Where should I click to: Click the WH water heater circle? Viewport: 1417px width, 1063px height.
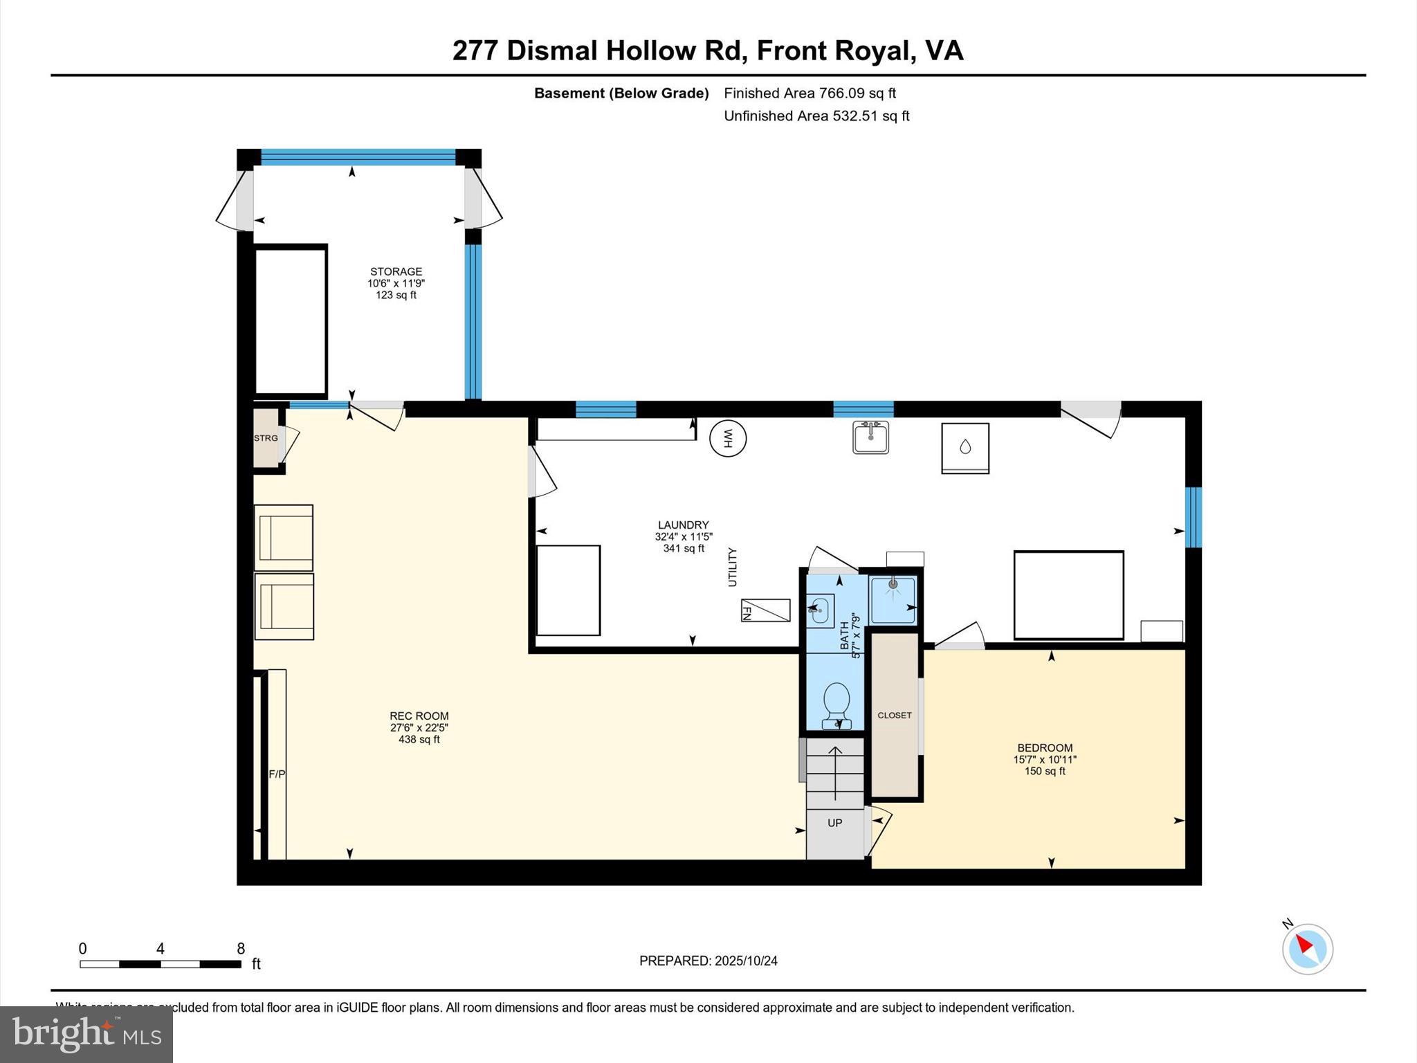pos(728,438)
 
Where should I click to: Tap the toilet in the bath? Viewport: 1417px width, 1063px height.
pos(837,703)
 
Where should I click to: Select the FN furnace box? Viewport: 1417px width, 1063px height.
pos(765,610)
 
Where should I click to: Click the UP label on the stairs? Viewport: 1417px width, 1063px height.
pos(835,823)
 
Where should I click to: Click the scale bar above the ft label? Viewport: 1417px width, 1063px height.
pos(161,964)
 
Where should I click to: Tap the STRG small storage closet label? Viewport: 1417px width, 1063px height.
pos(266,438)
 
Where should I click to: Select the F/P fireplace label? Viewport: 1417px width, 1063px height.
pos(277,774)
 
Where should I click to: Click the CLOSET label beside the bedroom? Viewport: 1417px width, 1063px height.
pos(895,715)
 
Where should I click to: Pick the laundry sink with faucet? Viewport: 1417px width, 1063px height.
pos(870,437)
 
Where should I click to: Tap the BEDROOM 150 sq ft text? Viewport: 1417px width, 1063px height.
pos(1045,759)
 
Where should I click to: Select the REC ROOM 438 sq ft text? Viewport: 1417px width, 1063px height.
pos(419,727)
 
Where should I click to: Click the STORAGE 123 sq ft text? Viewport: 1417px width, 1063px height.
pos(396,283)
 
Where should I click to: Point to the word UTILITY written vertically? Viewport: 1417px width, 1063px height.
pos(732,567)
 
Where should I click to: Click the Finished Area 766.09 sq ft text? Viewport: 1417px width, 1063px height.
pos(810,93)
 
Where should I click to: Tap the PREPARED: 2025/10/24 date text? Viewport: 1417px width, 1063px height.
pos(708,961)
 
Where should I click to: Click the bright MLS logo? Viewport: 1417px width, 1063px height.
pos(86,1034)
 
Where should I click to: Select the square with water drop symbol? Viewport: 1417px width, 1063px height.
pos(965,448)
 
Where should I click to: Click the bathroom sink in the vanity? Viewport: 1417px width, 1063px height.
pos(819,610)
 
